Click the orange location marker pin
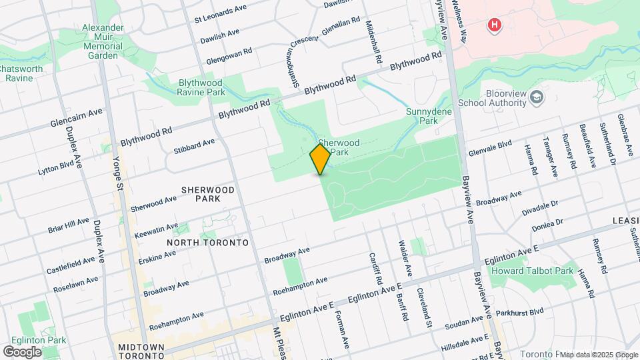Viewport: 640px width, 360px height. [320, 159]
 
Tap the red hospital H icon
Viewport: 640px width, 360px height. [494, 26]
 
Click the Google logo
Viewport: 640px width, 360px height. [22, 351]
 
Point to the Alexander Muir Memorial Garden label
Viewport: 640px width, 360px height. [103, 41]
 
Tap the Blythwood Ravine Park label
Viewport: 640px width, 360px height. [199, 88]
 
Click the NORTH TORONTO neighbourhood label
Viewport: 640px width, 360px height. [207, 243]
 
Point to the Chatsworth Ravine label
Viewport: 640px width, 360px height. [21, 73]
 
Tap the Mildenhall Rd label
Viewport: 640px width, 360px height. [373, 41]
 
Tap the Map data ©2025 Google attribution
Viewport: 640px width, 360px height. [598, 354]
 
